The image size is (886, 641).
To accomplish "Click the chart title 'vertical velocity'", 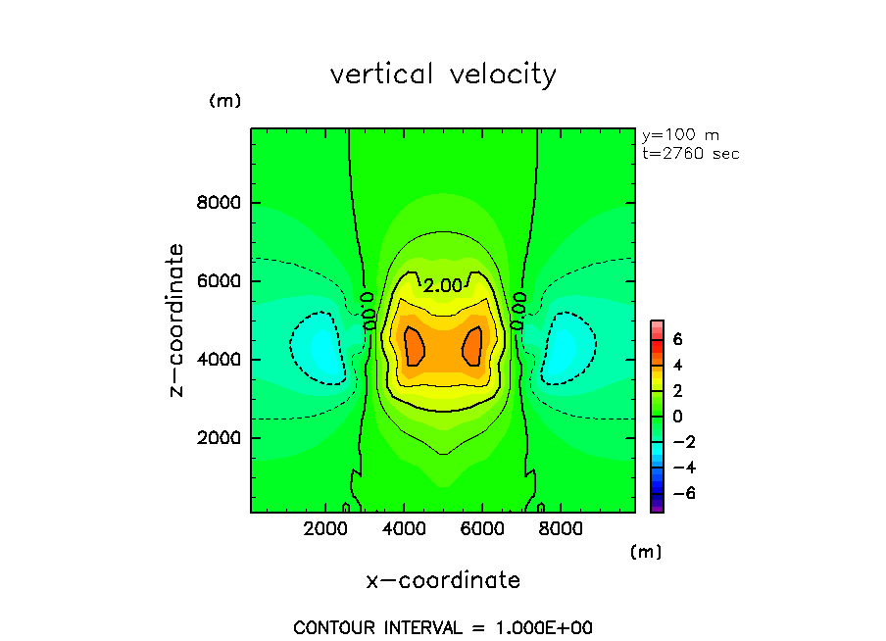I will [443, 74].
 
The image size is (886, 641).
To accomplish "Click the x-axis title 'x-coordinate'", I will [443, 580].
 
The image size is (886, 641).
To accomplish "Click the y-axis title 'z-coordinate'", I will [177, 320].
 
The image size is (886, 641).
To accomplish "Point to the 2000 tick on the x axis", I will [327, 527].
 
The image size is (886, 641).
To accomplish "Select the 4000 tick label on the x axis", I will [405, 527].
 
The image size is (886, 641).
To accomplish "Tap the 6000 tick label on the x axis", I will [481, 527].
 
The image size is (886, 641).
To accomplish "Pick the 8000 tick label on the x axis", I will [558, 527].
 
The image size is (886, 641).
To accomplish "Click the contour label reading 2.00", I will [442, 286].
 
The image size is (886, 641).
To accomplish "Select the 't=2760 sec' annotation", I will [690, 154].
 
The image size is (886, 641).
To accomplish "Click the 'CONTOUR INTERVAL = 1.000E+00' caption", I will [443, 627].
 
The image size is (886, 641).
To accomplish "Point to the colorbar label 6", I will [676, 339].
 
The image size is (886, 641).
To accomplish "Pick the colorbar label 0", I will [676, 416].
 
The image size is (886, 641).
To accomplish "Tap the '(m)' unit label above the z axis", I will [224, 101].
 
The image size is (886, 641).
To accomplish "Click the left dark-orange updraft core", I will [415, 346].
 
